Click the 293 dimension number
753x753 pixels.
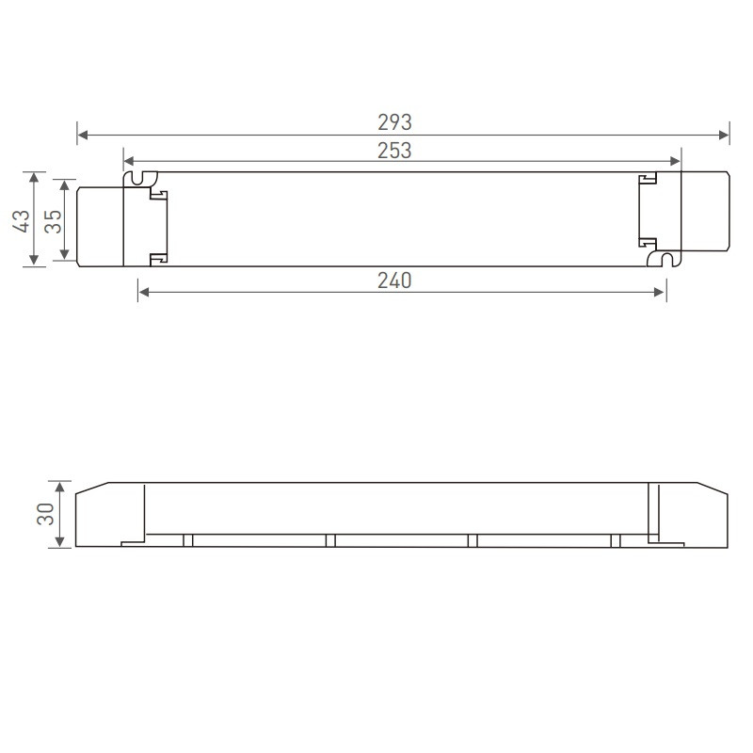click(x=395, y=122)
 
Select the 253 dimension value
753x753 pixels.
click(x=395, y=151)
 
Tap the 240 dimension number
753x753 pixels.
click(x=395, y=280)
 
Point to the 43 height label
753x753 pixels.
click(x=21, y=219)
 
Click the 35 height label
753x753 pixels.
click(x=53, y=220)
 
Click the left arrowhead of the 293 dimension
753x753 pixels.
click(x=82, y=135)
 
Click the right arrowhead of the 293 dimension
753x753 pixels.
click(x=725, y=135)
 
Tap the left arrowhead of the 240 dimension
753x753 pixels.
click(x=144, y=293)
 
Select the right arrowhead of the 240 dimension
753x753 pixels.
click(x=661, y=293)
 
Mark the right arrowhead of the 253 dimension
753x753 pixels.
click(x=675, y=162)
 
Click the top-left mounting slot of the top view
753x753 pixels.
click(x=142, y=178)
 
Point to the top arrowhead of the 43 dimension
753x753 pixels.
click(x=35, y=177)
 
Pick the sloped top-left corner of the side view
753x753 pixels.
click(x=91, y=490)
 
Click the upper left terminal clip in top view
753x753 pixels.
click(x=158, y=195)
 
